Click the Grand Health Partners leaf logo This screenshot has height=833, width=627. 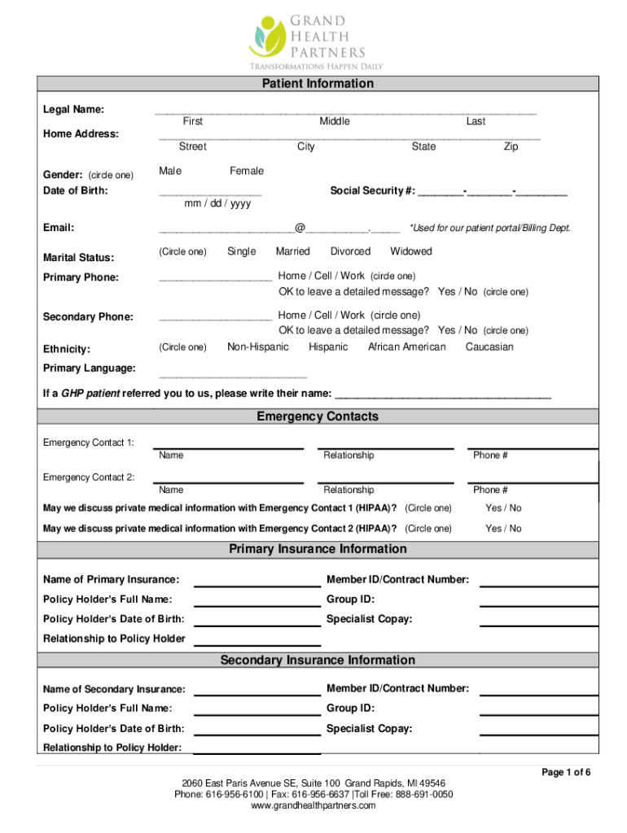[265, 35]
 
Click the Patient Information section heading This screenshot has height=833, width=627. [318, 84]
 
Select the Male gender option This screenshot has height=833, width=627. [170, 171]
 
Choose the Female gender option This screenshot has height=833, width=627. [247, 171]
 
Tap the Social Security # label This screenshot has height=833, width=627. [372, 191]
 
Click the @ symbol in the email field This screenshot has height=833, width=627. [300, 229]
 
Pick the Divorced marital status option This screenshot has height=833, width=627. [350, 251]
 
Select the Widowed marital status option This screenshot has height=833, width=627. [411, 251]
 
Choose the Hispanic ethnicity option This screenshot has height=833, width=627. [328, 347]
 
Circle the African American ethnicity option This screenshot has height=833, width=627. [406, 347]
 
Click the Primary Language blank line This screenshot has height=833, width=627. [233, 377]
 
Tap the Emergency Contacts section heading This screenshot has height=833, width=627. [318, 416]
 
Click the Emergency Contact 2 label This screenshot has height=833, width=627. [89, 478]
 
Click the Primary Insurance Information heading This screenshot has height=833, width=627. [318, 549]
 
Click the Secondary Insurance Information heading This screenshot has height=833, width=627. [318, 661]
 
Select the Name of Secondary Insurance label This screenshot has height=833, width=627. [114, 690]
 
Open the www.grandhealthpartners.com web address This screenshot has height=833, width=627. [313, 805]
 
